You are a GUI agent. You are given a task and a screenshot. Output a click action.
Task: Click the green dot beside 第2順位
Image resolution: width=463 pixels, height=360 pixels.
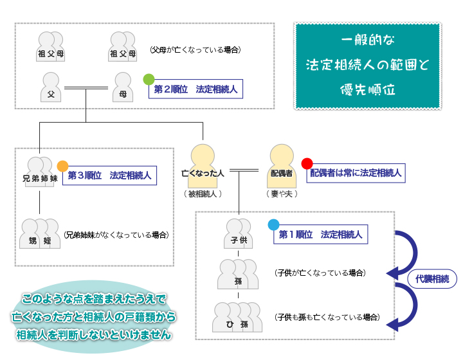pos(149,80)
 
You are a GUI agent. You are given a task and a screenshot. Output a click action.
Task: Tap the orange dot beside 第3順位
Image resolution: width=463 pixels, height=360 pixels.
pos(62,166)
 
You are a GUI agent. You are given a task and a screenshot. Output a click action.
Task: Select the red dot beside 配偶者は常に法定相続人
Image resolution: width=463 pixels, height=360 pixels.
pos(307,163)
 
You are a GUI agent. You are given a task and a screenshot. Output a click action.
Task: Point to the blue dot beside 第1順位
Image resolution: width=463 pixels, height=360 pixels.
pos(273,225)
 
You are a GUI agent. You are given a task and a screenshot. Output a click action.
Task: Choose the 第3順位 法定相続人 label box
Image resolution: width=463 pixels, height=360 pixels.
pos(110,175)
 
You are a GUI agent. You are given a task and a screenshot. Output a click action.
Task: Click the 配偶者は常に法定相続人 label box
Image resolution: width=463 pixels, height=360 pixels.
pos(356,173)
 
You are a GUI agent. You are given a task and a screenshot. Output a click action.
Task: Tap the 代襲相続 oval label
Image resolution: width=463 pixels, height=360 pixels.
pos(431,279)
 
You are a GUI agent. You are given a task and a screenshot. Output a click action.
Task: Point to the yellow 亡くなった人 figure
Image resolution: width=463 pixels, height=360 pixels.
pos(203,166)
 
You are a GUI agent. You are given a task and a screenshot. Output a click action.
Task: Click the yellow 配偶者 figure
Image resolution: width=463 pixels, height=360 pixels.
pos(280,166)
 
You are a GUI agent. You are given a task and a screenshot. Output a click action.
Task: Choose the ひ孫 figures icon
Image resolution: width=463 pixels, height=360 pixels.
pos(238,317)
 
